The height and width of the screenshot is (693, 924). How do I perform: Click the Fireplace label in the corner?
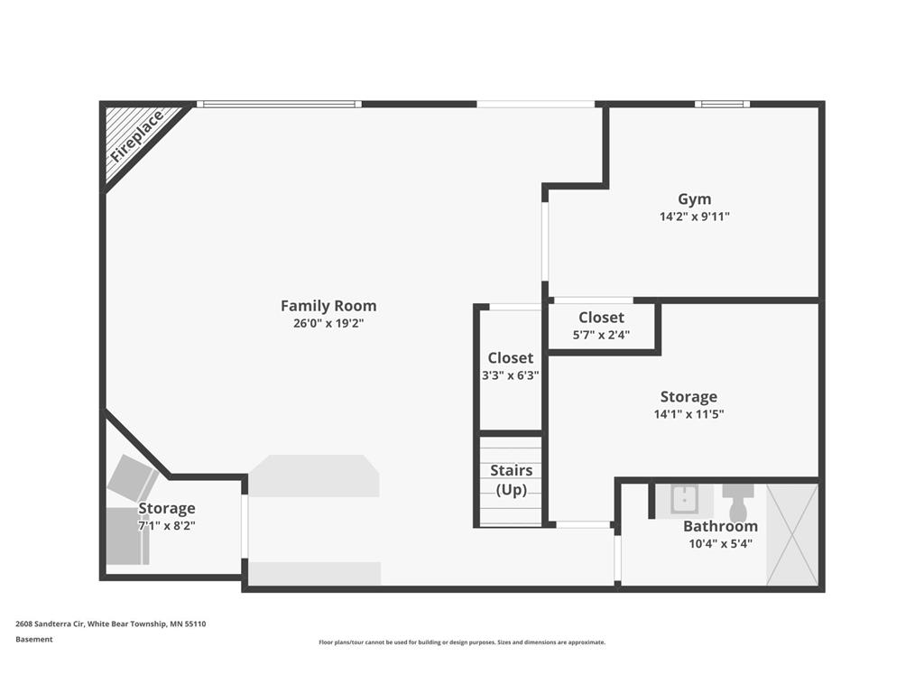pos(137,136)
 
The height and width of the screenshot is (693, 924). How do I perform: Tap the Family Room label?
pos(328,306)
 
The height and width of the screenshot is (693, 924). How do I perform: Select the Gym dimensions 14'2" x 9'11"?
pos(694,217)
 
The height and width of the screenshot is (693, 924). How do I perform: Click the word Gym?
pos(694,199)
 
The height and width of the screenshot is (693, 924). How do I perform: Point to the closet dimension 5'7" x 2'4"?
pos(601,335)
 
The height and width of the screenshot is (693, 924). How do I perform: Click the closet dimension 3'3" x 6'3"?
pos(511,375)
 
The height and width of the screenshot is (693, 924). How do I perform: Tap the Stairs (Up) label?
pos(511,480)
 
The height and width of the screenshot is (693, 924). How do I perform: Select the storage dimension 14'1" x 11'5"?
pos(688,413)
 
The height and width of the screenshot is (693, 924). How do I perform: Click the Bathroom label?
pos(720,526)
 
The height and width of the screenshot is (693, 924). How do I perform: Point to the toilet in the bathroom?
pos(738,503)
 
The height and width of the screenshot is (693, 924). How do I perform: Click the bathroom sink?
pos(684,500)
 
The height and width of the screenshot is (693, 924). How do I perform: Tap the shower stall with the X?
pos(792,534)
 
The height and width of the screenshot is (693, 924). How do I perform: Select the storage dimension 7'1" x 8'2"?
pos(167,526)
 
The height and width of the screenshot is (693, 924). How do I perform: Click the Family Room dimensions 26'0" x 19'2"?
pos(328,323)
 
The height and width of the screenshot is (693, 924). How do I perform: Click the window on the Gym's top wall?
pos(723,105)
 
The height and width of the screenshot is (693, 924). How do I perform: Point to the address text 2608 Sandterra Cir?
pos(51,624)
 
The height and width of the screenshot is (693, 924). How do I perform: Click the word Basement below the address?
pos(34,640)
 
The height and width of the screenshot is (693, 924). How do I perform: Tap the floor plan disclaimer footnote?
pos(462,642)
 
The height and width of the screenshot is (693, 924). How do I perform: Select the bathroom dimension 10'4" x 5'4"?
pos(720,543)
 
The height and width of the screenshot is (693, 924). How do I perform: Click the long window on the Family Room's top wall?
pos(280,105)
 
